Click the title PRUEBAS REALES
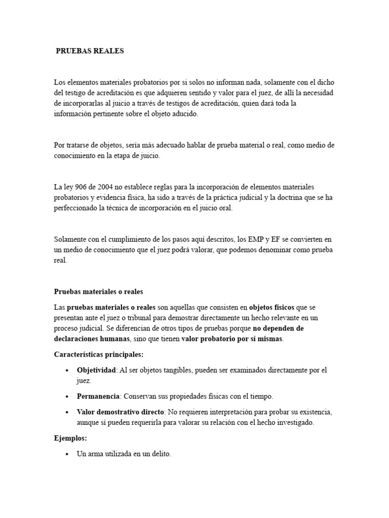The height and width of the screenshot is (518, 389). (x=90, y=51)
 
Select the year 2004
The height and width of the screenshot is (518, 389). (x=105, y=188)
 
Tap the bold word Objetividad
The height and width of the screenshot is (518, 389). (x=96, y=370)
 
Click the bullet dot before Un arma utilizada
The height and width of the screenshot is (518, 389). (x=67, y=455)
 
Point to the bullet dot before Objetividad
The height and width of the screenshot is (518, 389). (x=67, y=371)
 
